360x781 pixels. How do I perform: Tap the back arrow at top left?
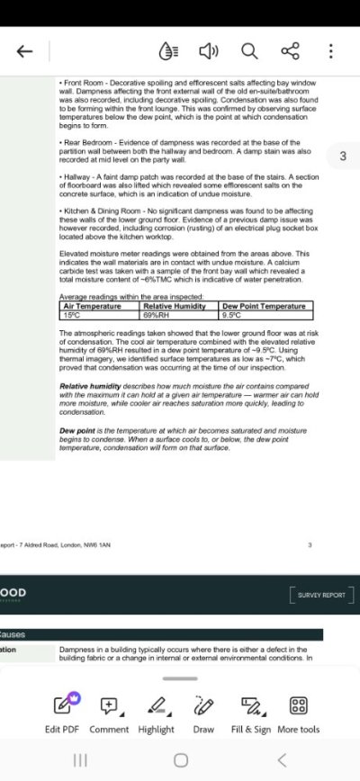(x=25, y=51)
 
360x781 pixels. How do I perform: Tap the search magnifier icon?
(x=249, y=51)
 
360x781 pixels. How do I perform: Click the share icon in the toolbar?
(x=290, y=51)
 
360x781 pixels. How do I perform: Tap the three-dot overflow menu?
(x=330, y=51)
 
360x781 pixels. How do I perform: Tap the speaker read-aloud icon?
(x=209, y=51)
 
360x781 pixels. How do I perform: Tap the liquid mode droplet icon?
(x=168, y=51)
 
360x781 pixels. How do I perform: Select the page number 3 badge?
(x=342, y=157)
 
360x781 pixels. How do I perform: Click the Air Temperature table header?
(x=100, y=306)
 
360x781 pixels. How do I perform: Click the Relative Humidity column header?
(x=180, y=306)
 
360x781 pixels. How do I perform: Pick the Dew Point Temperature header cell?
(x=266, y=306)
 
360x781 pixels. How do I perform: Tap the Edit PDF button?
(x=62, y=713)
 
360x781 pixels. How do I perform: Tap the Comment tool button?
(x=109, y=713)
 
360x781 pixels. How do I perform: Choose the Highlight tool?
(x=157, y=713)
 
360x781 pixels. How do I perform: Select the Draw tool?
(x=204, y=713)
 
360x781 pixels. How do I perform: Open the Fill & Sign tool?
(x=250, y=713)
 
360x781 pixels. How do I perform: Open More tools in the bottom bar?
(x=299, y=713)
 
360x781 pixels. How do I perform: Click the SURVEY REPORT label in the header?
(x=321, y=595)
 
